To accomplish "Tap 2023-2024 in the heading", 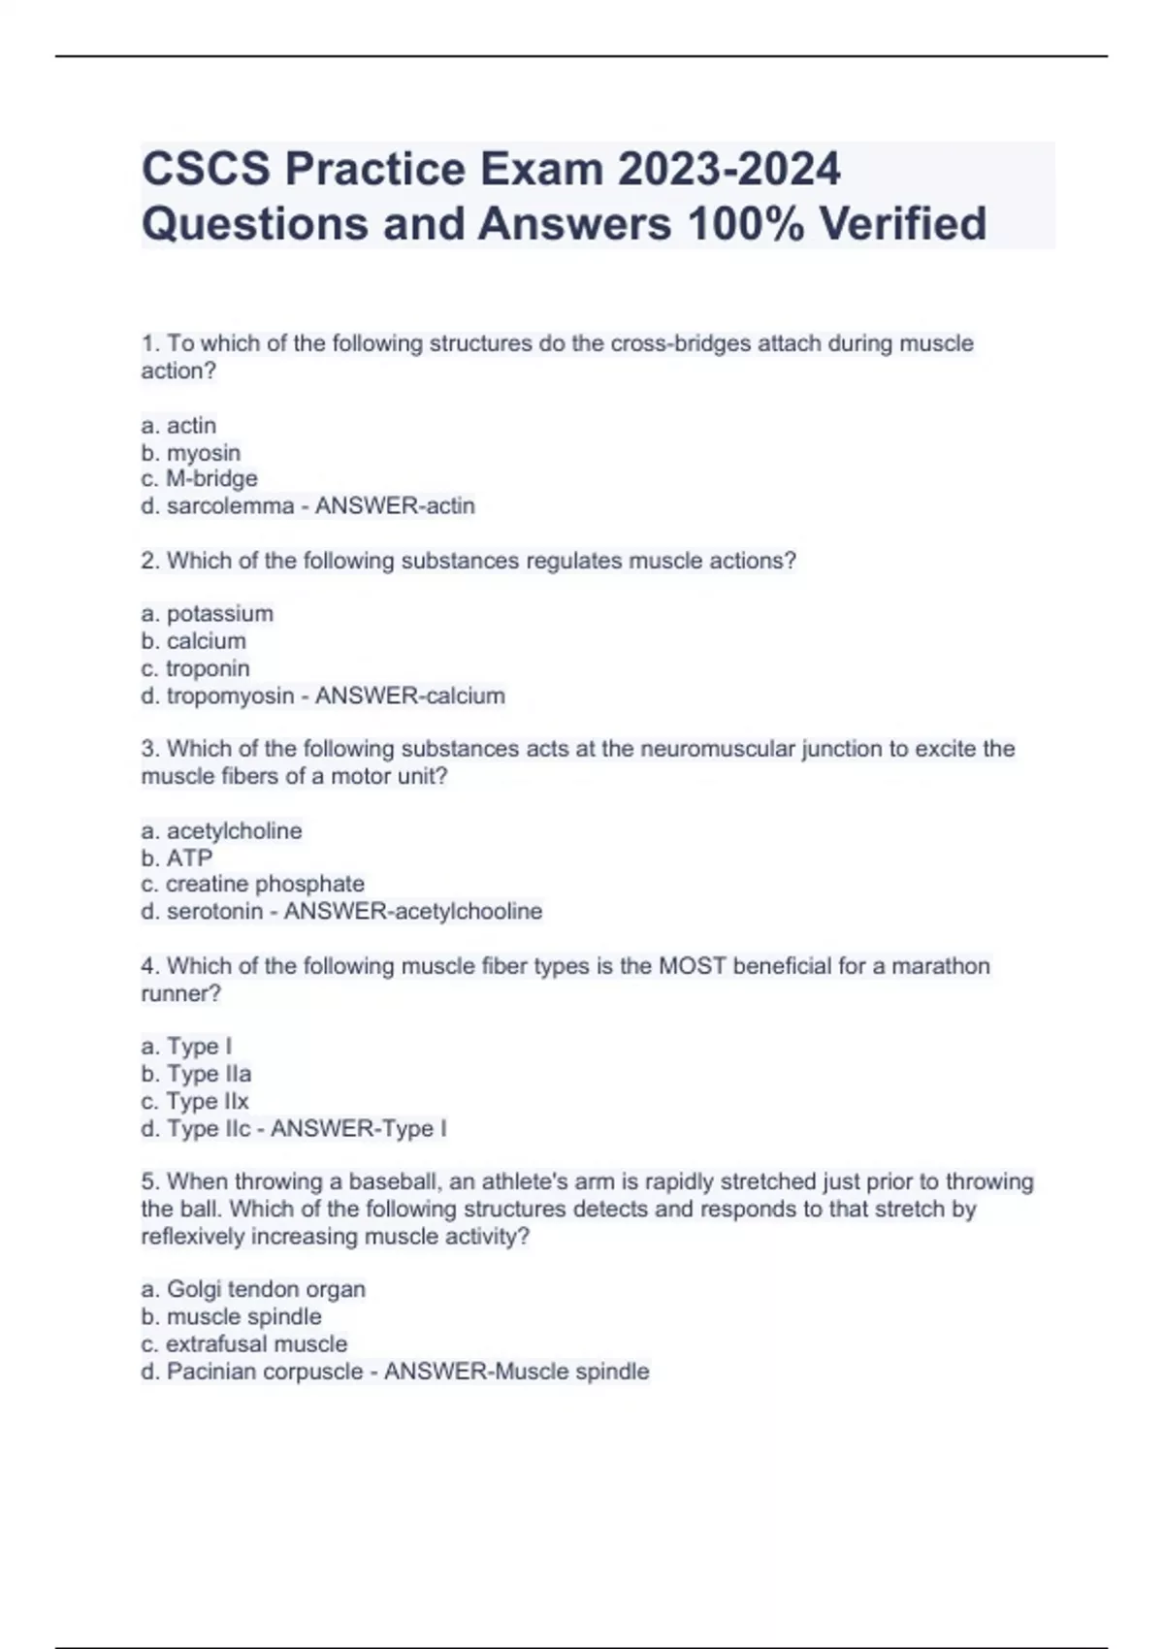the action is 728,170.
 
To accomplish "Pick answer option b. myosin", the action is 191,453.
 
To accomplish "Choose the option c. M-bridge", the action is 200,479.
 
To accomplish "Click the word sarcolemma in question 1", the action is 230,506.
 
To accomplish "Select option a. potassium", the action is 208,614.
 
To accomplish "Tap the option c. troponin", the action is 196,668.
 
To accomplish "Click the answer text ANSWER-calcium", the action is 410,695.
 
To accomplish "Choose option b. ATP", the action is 177,858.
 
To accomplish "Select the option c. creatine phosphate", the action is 253,885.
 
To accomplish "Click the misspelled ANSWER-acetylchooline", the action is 413,912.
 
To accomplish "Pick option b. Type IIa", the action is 196,1074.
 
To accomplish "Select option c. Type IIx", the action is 195,1101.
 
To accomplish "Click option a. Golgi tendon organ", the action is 253,1289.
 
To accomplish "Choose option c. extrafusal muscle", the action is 244,1344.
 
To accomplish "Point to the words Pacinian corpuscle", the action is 265,1372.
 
